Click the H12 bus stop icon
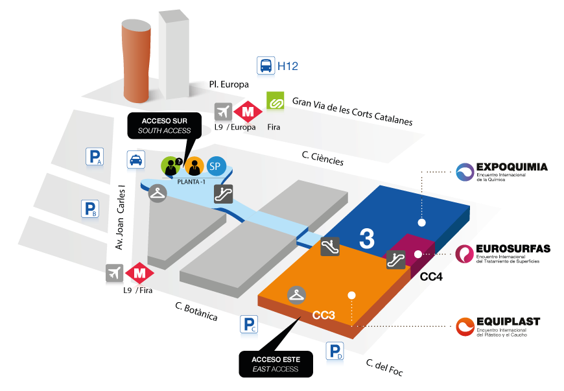(x=266, y=65)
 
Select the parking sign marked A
(x=95, y=156)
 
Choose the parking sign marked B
(x=89, y=209)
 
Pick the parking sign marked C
(x=249, y=324)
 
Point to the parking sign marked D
(x=335, y=350)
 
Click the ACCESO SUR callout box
(x=164, y=125)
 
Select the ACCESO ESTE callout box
(x=276, y=364)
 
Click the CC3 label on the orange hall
(x=323, y=316)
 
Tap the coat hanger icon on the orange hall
(x=297, y=294)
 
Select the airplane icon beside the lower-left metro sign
(x=115, y=274)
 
